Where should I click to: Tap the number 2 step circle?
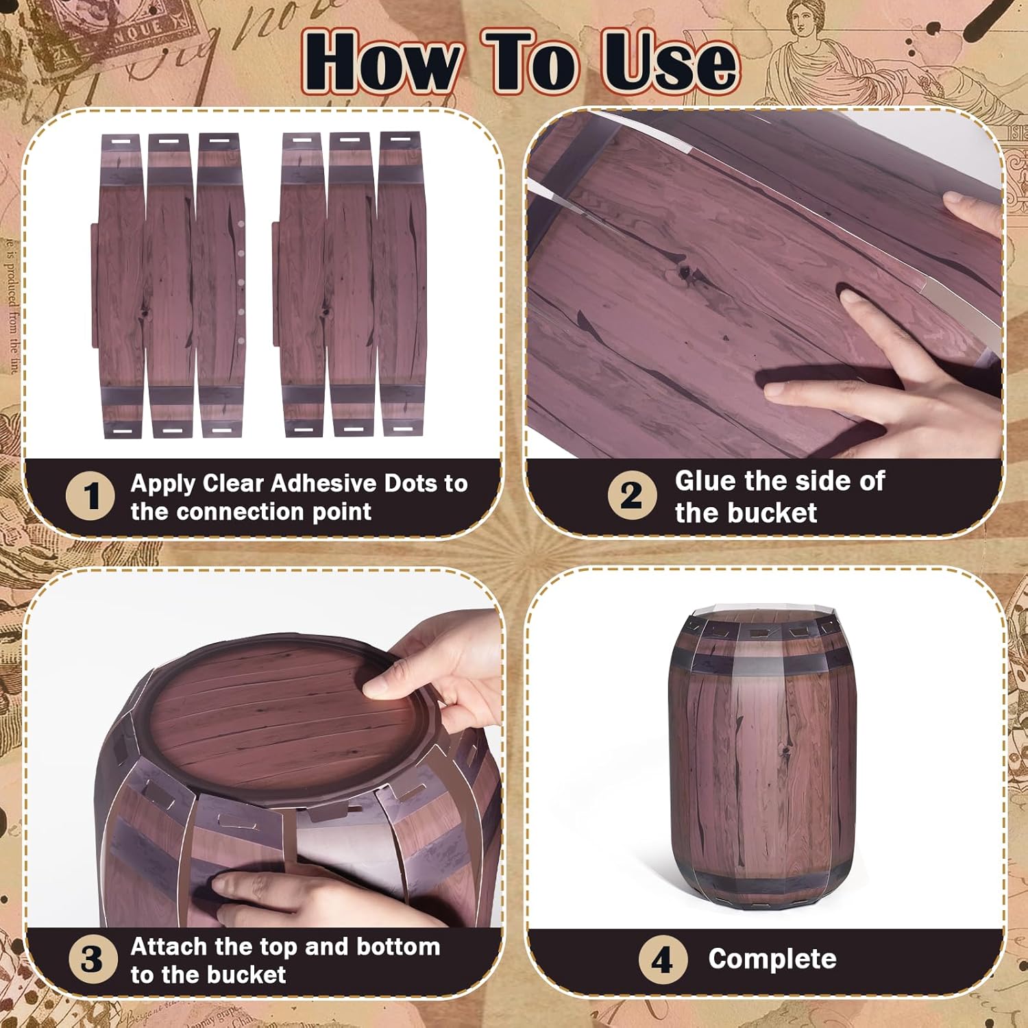631,495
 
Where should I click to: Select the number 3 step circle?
90,959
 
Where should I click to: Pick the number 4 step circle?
661,959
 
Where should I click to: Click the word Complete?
772,959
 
